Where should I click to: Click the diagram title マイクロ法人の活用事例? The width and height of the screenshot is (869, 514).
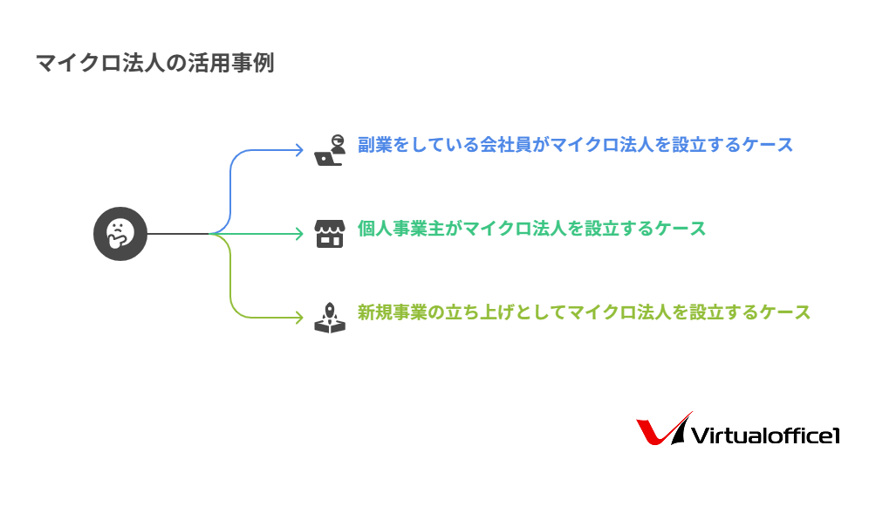click(x=155, y=63)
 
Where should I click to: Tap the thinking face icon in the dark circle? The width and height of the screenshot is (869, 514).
click(x=120, y=233)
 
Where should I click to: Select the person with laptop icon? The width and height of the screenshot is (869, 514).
click(x=330, y=150)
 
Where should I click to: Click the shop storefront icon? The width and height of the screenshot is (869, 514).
click(x=330, y=233)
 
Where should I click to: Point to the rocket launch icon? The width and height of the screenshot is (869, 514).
click(x=330, y=317)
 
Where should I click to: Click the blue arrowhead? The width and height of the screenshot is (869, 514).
click(x=299, y=150)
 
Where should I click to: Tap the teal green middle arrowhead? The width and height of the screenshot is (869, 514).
click(x=299, y=233)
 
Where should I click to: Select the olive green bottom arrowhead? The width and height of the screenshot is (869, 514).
click(x=299, y=317)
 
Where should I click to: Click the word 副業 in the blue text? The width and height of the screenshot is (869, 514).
click(x=375, y=145)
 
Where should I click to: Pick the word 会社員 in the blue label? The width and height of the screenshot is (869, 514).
click(x=506, y=145)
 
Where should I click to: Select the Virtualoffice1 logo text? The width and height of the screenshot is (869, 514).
click(x=765, y=435)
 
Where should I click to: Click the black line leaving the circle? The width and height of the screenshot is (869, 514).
click(x=178, y=233)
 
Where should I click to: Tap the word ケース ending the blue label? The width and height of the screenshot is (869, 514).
click(x=767, y=145)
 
